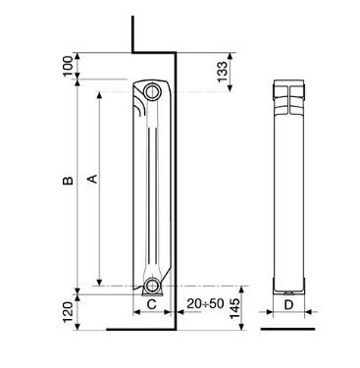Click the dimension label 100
coord(68,66)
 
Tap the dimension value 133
coord(222,72)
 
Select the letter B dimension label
coord(68,181)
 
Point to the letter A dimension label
coord(93,179)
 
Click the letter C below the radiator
coord(151,304)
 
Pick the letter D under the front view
coord(288,305)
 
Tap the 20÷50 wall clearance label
coord(205,303)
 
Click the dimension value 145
coord(234,308)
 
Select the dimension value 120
coord(68,312)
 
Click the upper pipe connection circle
coord(151,92)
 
